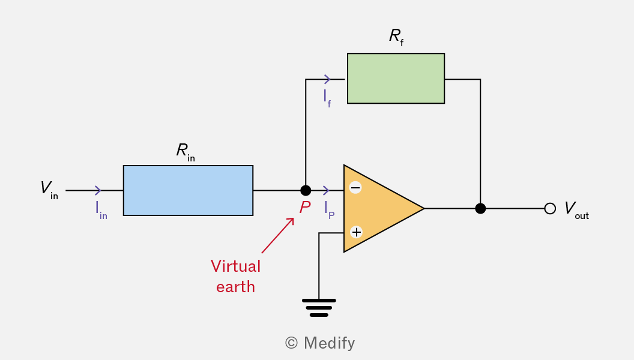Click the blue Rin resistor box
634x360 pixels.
188,190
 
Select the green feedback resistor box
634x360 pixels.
396,79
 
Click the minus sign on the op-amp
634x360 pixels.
355,187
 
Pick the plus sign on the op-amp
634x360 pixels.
356,232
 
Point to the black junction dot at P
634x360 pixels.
306,190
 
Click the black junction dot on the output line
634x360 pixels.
480,208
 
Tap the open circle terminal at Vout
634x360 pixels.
550,208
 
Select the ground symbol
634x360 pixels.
319,308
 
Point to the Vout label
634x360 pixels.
576,209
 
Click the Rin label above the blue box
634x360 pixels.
186,152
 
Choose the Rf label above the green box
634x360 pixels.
396,37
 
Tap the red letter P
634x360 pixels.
305,208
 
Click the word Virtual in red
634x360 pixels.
236,266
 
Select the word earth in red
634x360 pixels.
236,287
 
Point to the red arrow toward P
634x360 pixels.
278,235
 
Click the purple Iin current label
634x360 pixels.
101,210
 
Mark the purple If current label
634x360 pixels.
327,98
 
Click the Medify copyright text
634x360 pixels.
320,343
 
